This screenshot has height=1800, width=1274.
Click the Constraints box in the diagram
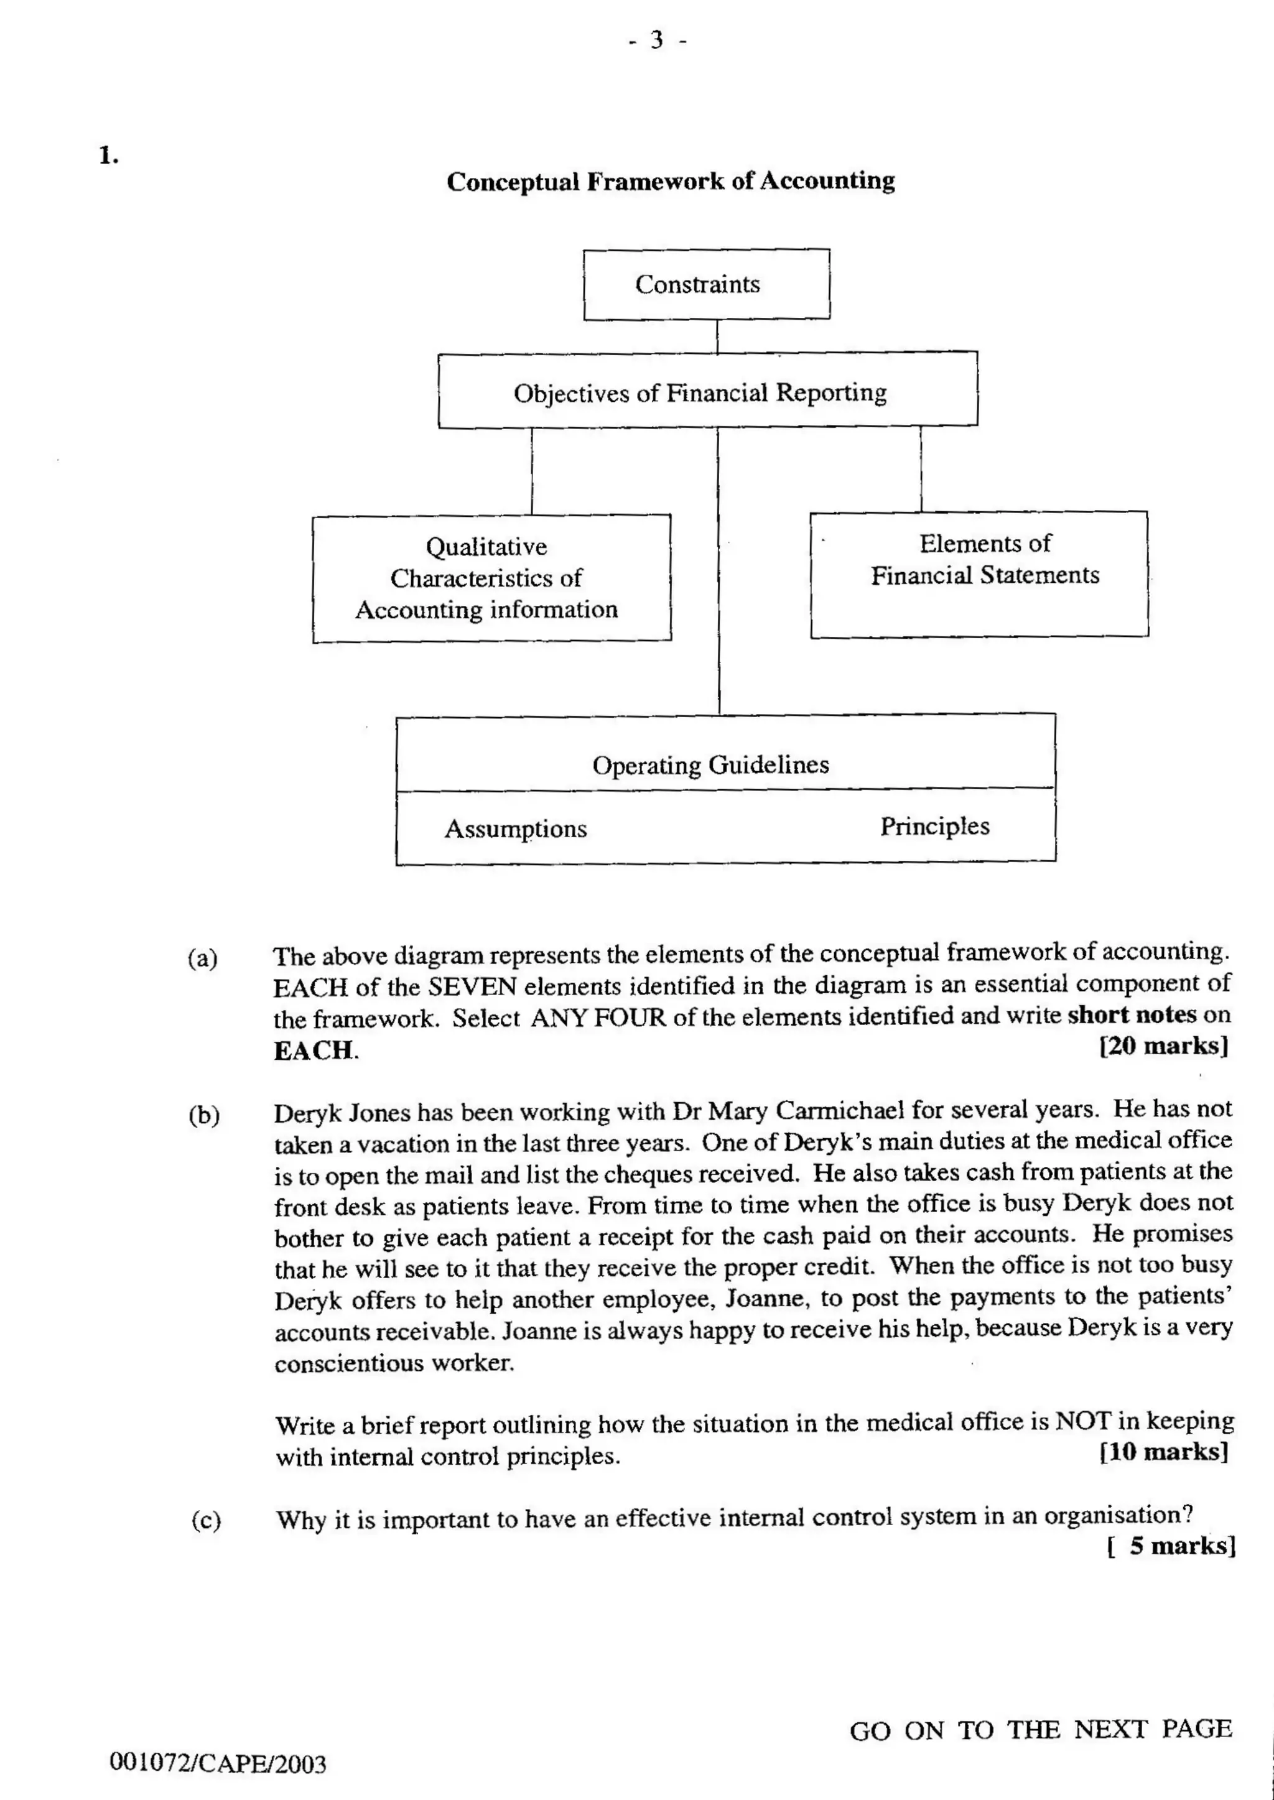[x=706, y=284]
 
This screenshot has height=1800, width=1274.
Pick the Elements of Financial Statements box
[x=979, y=574]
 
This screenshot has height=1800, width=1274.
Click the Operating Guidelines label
[x=710, y=764]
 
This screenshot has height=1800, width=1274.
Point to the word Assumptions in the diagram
[x=516, y=829]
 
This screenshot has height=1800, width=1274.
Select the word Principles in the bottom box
[x=934, y=826]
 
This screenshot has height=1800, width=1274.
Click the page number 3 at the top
[x=658, y=39]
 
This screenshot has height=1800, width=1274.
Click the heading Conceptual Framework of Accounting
[x=671, y=181]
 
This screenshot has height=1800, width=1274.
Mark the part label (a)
[x=202, y=958]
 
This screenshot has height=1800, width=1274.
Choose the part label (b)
[x=204, y=1115]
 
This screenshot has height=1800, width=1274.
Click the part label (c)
[x=205, y=1520]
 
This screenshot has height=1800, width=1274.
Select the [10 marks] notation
[x=1163, y=1452]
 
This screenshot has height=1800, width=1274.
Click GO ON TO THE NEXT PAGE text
[x=1040, y=1730]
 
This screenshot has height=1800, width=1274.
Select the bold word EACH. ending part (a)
[x=315, y=1050]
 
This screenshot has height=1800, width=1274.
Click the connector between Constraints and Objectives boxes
[x=717, y=336]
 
